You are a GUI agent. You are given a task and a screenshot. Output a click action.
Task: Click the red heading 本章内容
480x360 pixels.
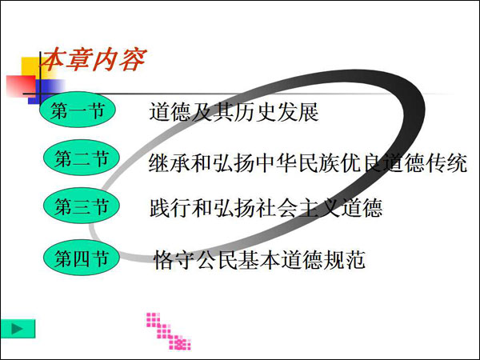click(94, 59)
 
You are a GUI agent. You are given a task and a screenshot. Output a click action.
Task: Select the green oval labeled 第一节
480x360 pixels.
click(78, 110)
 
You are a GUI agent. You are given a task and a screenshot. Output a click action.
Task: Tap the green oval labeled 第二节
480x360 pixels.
click(81, 158)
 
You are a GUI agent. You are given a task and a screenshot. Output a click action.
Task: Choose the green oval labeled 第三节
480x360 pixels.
click(81, 206)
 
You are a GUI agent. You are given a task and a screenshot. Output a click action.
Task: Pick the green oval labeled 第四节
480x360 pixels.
click(81, 258)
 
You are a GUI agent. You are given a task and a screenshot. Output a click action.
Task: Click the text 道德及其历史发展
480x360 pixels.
click(234, 112)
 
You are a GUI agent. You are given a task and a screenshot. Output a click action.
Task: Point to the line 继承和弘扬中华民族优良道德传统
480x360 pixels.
click(308, 162)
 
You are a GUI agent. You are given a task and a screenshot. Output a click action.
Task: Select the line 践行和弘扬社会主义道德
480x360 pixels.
click(266, 208)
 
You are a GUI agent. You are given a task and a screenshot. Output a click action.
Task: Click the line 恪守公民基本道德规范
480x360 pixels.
click(259, 260)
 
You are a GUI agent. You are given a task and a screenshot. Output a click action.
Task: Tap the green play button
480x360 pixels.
click(18, 329)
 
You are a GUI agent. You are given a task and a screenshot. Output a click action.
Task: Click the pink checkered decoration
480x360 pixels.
click(169, 331)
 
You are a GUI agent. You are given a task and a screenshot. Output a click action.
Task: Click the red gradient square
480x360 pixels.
click(21, 86)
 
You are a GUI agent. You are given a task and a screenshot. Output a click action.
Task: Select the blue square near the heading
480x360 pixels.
click(43, 91)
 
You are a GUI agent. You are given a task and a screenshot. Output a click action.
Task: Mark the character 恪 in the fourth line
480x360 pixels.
click(164, 260)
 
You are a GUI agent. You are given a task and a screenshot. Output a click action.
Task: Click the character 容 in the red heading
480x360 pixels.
click(133, 59)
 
